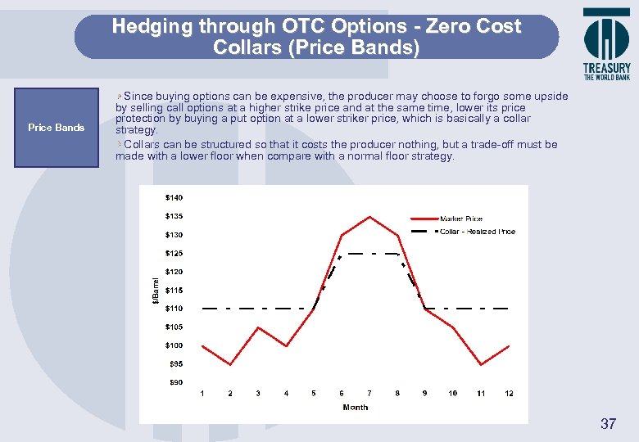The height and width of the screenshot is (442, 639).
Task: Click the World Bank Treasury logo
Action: click(x=606, y=43)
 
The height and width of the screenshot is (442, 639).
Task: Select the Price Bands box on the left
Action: click(x=56, y=128)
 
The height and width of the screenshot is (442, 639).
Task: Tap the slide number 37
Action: click(x=608, y=423)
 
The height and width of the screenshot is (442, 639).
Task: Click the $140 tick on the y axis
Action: click(x=174, y=198)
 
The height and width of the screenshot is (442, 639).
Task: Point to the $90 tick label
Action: click(x=175, y=382)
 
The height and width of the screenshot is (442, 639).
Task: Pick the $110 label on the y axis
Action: click(x=174, y=309)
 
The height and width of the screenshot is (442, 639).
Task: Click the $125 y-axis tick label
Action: click(x=174, y=254)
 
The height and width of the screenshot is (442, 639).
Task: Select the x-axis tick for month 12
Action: click(x=509, y=394)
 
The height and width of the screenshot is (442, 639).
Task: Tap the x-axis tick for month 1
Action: click(x=202, y=394)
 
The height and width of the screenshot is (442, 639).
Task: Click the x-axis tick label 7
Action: click(x=369, y=394)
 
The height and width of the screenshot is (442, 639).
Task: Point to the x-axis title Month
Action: click(x=356, y=407)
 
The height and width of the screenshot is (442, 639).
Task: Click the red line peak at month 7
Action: click(x=369, y=217)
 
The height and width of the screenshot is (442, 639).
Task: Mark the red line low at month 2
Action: click(x=230, y=364)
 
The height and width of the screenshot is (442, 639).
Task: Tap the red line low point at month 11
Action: click(x=481, y=364)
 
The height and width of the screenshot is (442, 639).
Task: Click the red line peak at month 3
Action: click(x=258, y=327)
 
